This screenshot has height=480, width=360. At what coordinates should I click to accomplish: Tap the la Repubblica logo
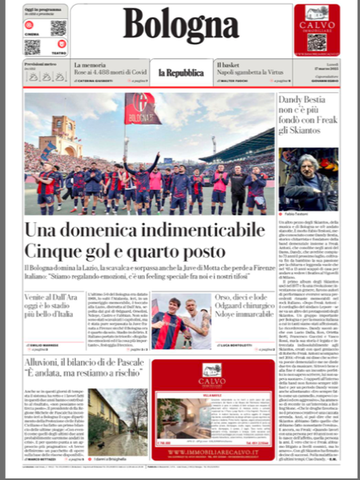coord(181,73)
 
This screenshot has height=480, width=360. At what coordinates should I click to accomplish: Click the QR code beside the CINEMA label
coord(58,28)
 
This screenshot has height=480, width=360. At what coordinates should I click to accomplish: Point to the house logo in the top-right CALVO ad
coord(317,13)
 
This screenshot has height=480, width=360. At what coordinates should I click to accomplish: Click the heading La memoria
coord(90,65)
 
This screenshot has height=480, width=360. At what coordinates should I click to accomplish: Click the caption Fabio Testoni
coord(295,214)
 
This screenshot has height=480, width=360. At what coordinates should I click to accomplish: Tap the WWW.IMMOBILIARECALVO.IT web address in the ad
coord(213,452)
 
